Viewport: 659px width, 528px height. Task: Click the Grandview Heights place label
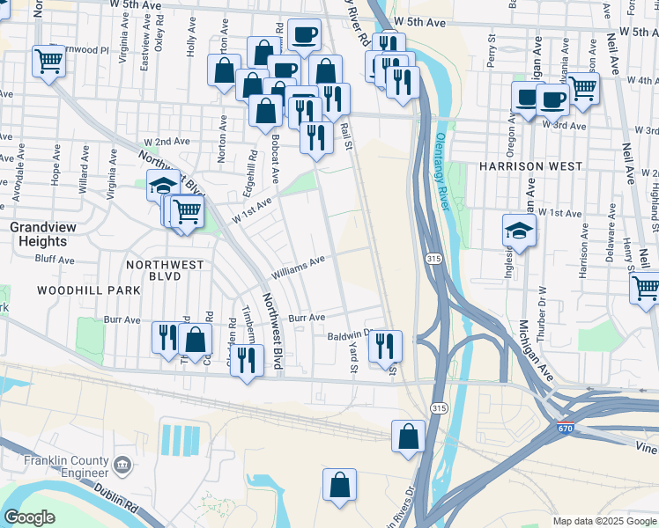(38, 234)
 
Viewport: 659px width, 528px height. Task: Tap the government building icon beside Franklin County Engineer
(122, 463)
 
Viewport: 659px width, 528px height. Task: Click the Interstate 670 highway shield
(566, 429)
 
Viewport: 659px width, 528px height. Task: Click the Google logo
(29, 517)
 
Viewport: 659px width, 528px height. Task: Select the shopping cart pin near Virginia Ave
(48, 61)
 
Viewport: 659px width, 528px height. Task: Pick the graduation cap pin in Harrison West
(519, 231)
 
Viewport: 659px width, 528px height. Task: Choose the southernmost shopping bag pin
(339, 485)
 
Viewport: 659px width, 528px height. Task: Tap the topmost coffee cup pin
(304, 34)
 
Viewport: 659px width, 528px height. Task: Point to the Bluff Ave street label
(55, 260)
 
